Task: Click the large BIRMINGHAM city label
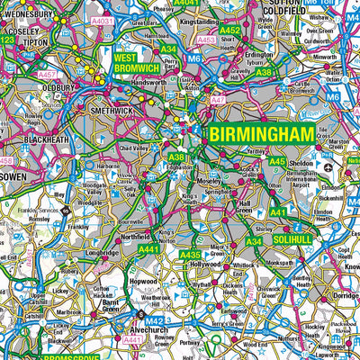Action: tap(263, 134)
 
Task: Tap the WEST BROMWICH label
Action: tap(137, 63)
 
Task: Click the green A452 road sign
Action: tap(230, 31)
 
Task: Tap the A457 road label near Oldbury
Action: tap(48, 73)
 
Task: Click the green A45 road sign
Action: tap(277, 161)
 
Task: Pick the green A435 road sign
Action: tap(191, 256)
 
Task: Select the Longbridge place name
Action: tap(103, 254)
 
